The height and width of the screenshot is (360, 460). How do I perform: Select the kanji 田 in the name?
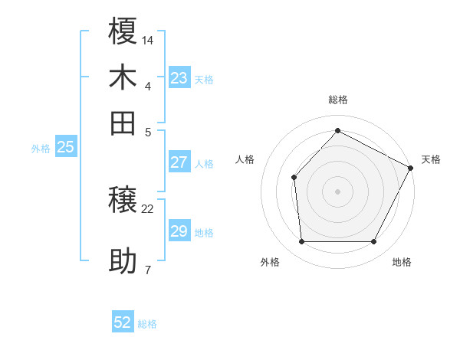coord(123,123)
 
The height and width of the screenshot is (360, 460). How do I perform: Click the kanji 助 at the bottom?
coord(123,261)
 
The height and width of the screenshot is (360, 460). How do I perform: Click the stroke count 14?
coord(148,39)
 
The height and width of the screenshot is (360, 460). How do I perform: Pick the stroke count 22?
coord(148,208)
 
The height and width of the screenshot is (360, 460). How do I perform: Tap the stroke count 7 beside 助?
coord(147,270)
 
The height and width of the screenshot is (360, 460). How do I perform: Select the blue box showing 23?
coord(179,78)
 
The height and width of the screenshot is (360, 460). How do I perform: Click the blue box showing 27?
coord(179,162)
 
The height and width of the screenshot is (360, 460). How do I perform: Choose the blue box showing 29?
coord(179,231)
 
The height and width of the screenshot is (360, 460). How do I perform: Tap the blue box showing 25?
coord(66,148)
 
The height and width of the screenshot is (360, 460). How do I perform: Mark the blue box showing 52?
coord(123,322)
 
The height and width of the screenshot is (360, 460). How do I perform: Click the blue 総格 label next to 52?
coord(147,324)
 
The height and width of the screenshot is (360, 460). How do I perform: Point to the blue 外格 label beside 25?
coord(41,149)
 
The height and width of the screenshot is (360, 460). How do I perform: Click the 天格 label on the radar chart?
coord(431,159)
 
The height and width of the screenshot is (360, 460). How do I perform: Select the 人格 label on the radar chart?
coord(245,159)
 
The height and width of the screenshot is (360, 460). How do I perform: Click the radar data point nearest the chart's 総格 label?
coord(337,130)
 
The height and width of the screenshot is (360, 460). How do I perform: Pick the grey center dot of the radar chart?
coord(337,191)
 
